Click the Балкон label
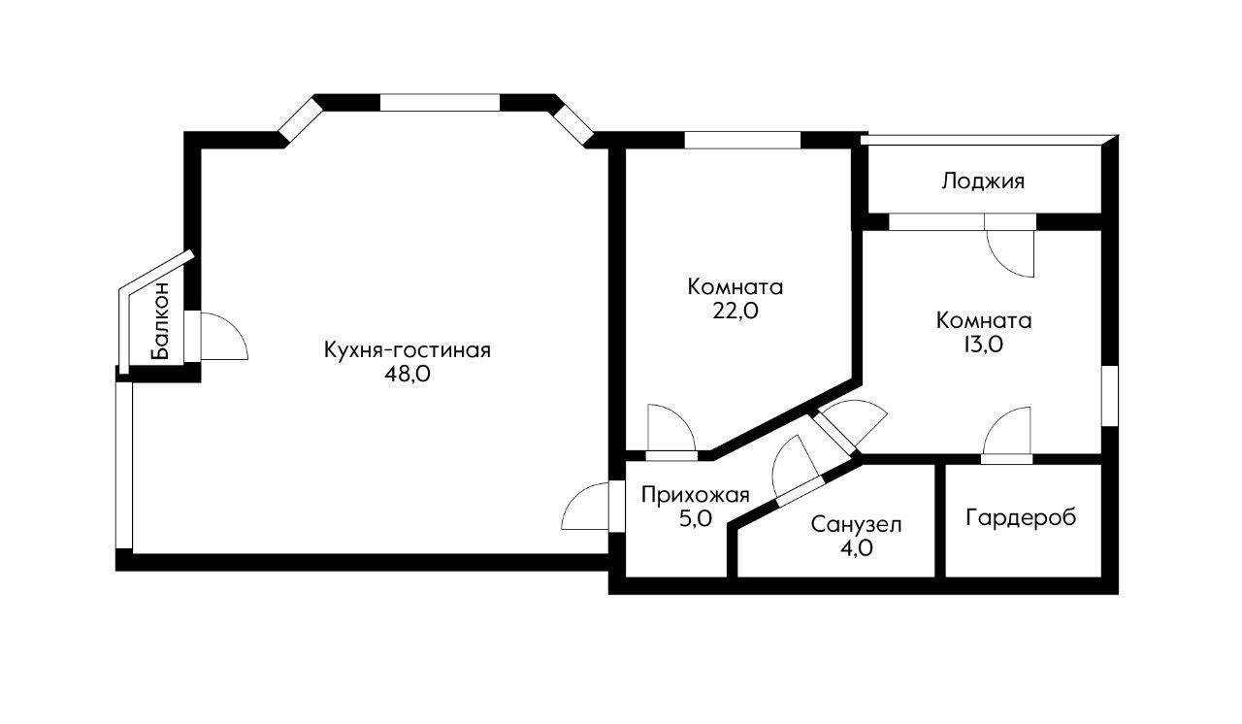tap(161, 320)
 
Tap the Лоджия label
tap(983, 181)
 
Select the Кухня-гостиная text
tap(408, 350)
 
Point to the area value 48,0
tap(408, 376)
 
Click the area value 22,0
tap(735, 312)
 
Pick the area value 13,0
tap(983, 345)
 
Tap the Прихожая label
tap(696, 495)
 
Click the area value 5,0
tap(696, 519)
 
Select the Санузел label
tap(857, 525)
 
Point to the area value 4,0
tap(857, 548)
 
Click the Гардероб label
tap(1021, 517)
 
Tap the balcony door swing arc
tap(228, 337)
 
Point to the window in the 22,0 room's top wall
tap(742, 140)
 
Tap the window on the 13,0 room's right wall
tap(1110, 395)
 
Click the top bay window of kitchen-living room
tap(439, 103)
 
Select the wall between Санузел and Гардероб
tap(939, 520)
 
